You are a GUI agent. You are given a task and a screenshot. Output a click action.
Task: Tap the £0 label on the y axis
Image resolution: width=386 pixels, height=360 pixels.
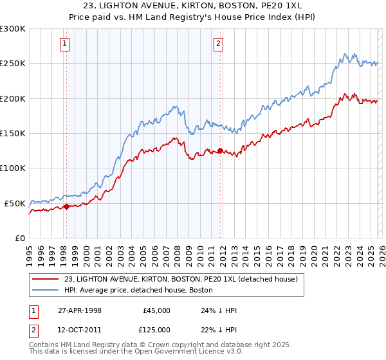click(x=19, y=239)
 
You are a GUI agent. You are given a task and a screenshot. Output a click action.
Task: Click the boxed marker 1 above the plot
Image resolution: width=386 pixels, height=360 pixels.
click(x=66, y=44)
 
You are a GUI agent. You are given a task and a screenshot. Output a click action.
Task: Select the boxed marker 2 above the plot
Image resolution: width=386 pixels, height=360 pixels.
click(x=218, y=44)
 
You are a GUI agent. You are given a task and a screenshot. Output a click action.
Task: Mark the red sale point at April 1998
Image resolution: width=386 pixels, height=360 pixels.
click(x=66, y=207)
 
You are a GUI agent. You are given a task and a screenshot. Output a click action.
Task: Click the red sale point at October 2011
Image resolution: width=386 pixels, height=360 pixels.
click(x=219, y=151)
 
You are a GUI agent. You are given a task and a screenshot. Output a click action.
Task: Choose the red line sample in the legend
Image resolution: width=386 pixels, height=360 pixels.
click(x=46, y=280)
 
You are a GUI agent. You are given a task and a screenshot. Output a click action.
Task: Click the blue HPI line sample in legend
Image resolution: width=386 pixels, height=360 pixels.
click(x=46, y=291)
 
